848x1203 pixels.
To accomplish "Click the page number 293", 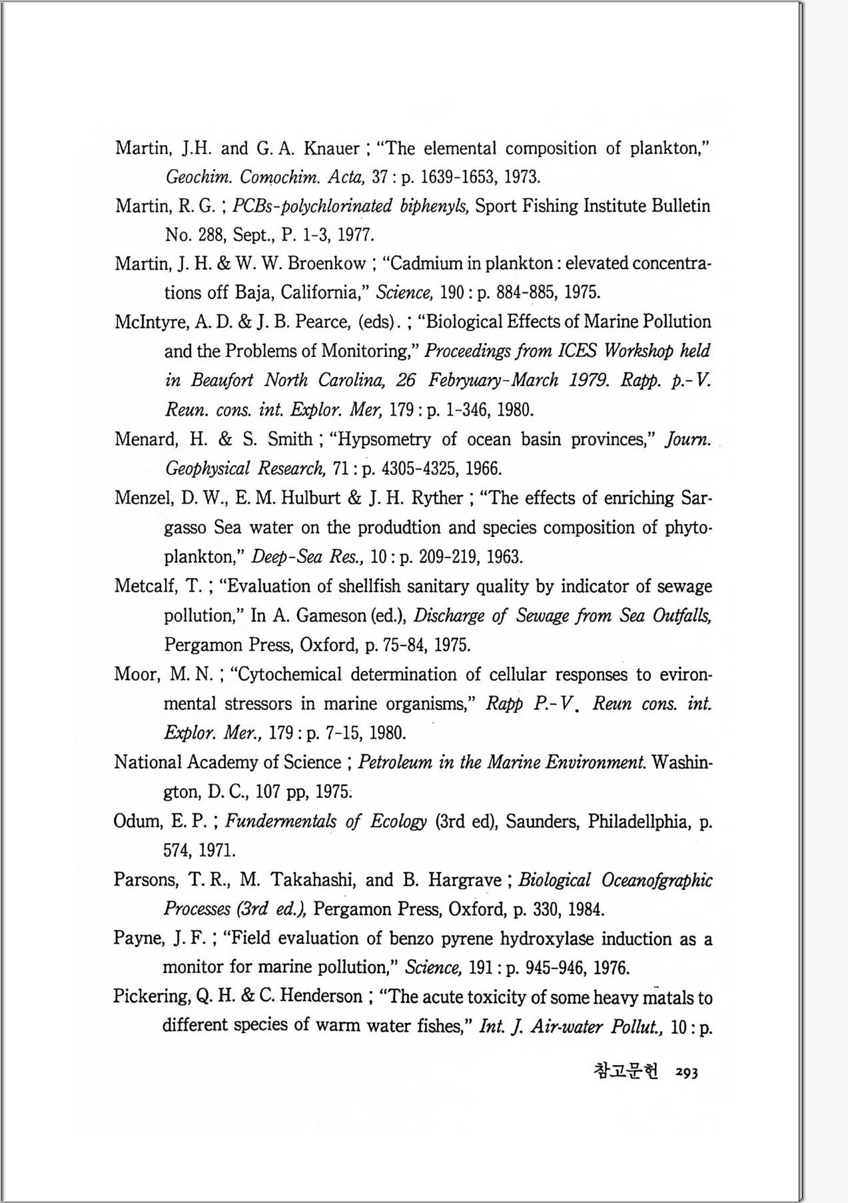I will click(686, 1072).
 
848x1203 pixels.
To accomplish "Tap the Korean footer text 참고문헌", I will click(625, 1070).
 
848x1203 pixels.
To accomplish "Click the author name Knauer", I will click(332, 148).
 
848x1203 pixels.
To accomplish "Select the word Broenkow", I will click(327, 264).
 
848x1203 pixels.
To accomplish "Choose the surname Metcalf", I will click(148, 586).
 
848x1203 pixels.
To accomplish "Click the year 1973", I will click(522, 177).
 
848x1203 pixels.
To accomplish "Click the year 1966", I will click(483, 469).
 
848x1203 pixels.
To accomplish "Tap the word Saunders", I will click(541, 821).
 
